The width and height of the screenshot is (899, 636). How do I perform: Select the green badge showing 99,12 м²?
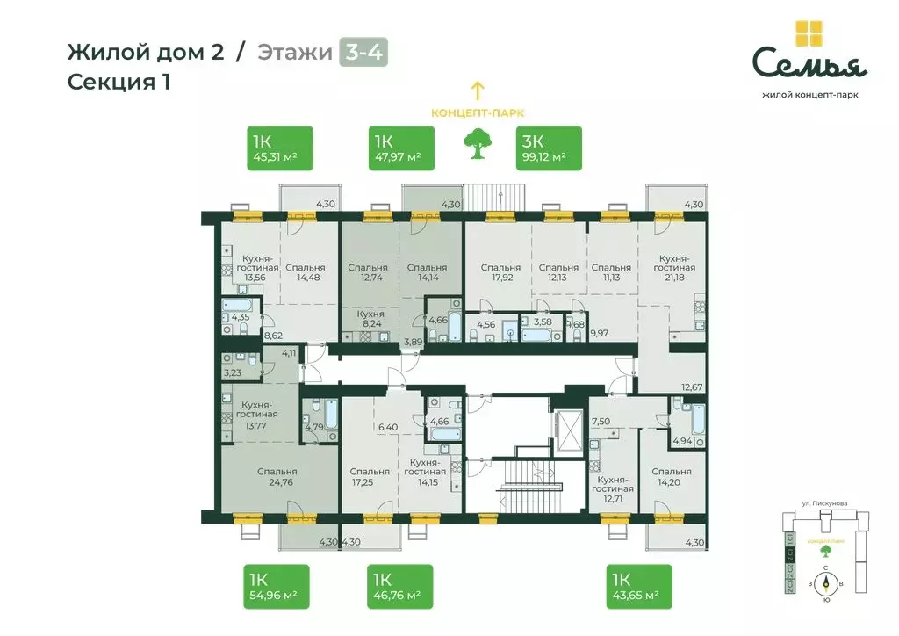[547, 148]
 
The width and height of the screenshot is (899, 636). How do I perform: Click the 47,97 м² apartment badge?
[400, 148]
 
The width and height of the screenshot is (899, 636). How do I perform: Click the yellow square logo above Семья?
[809, 33]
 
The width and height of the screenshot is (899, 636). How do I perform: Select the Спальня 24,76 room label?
[277, 478]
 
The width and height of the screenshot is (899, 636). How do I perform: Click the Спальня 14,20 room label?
[672, 478]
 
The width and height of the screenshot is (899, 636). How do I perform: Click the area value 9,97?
[601, 333]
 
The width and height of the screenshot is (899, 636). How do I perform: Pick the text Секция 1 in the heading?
[119, 83]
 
